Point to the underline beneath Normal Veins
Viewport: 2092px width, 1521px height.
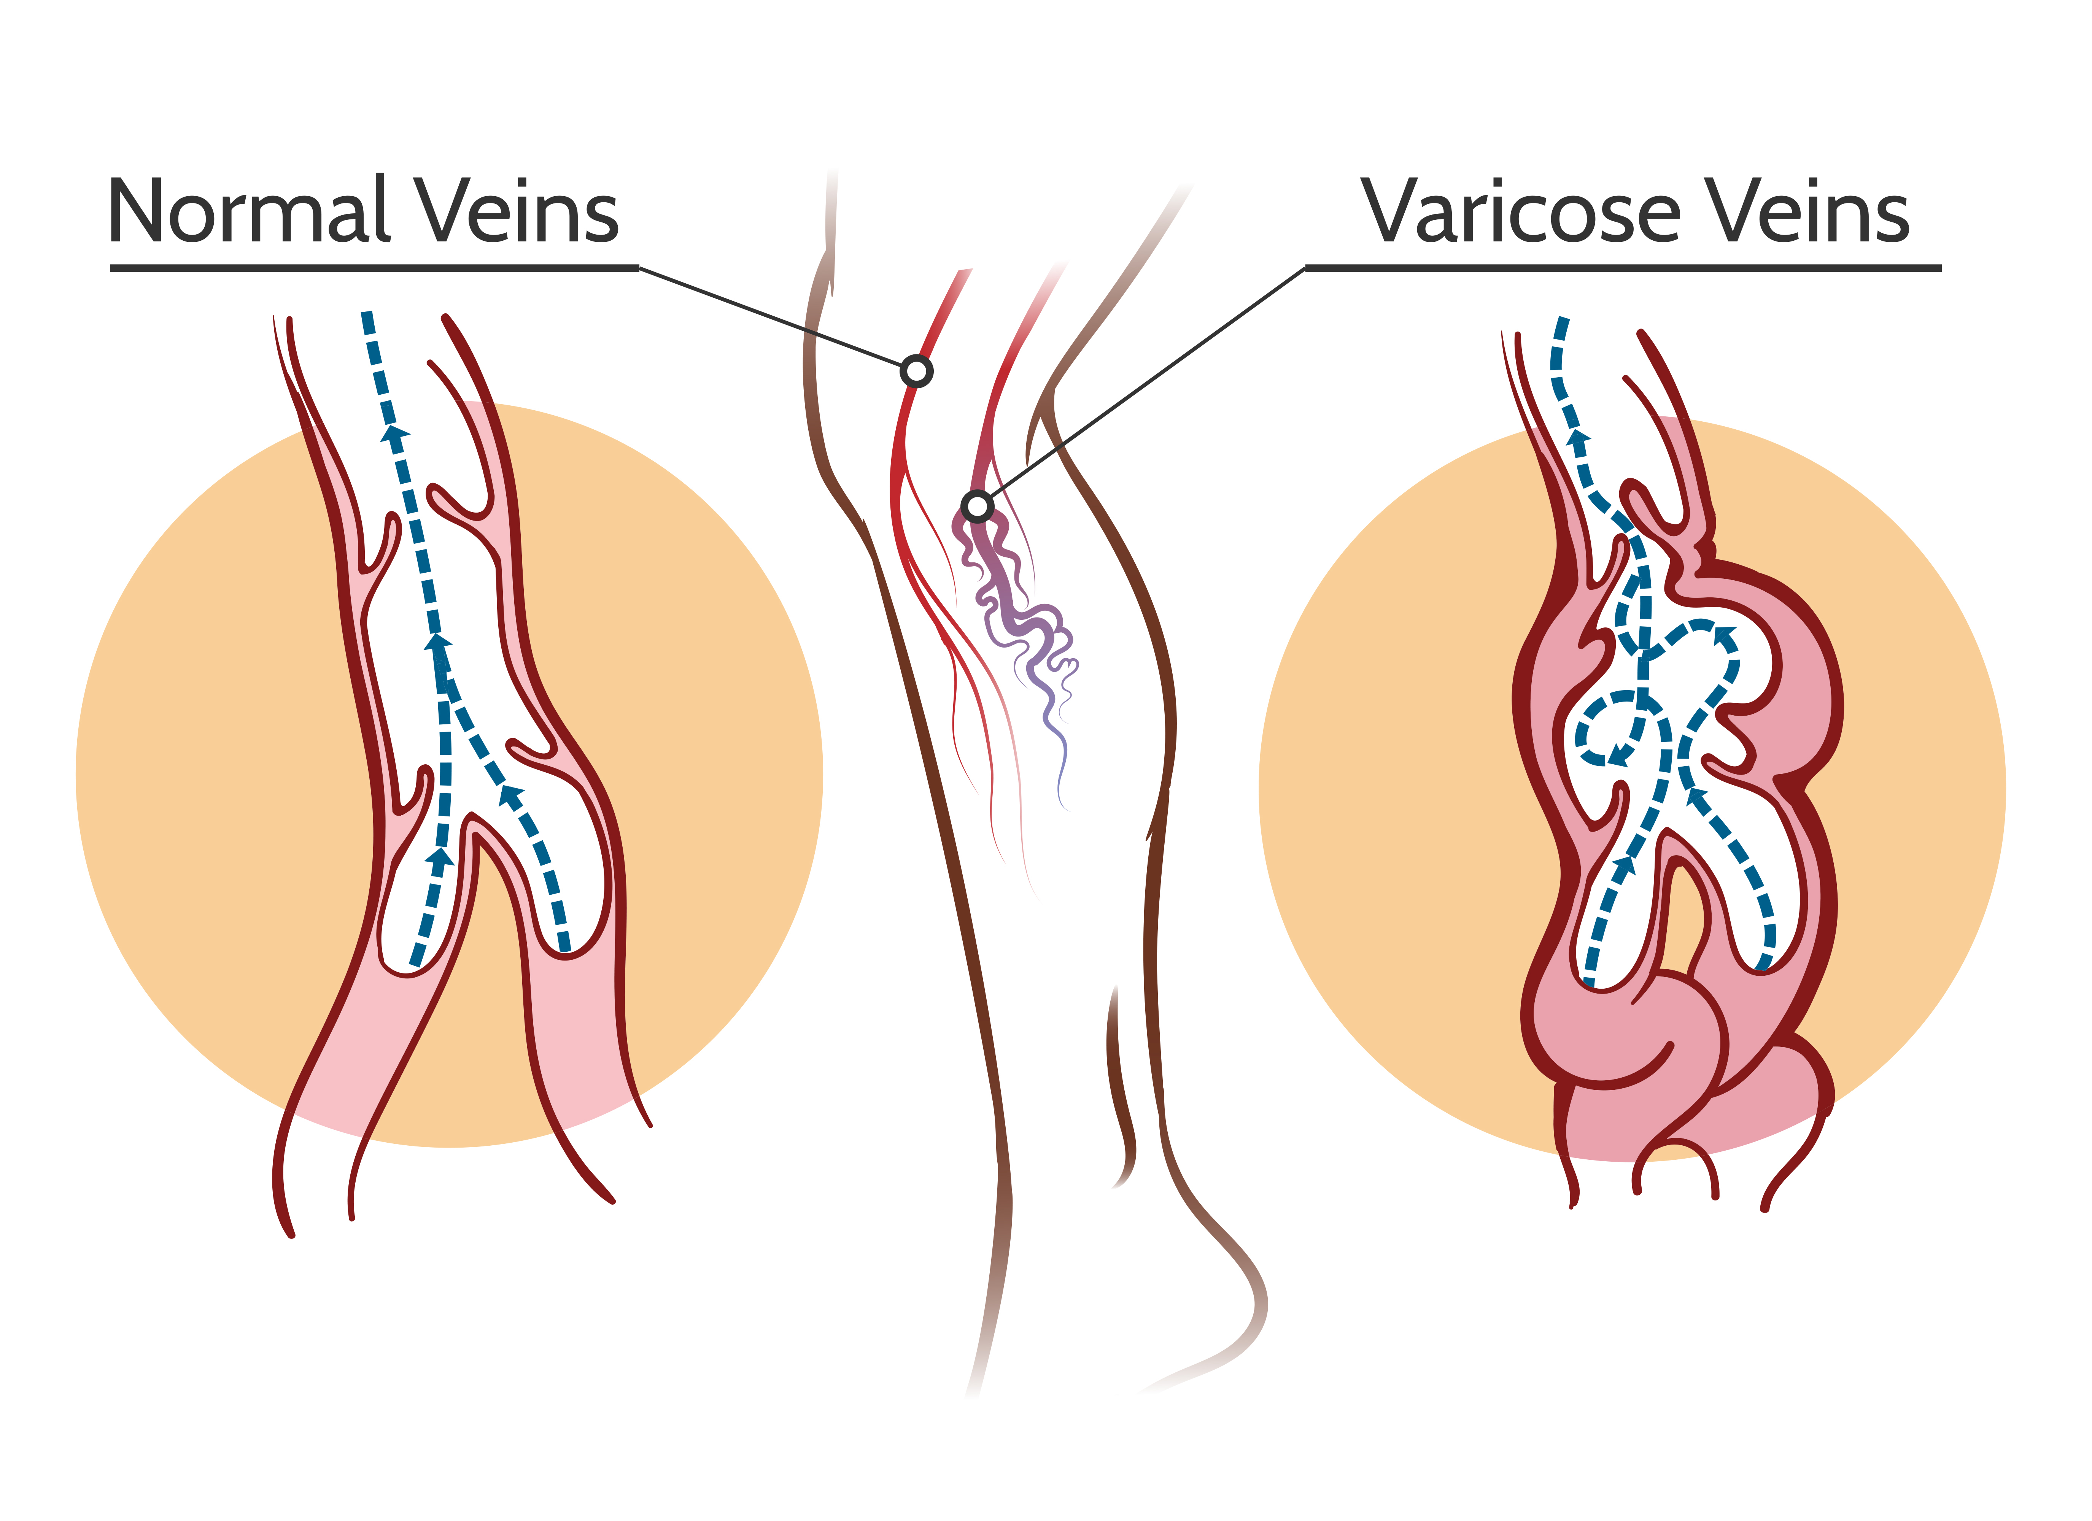coord(375,268)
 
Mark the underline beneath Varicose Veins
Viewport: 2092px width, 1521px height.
coord(1623,268)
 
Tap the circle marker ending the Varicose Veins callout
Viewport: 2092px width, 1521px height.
coord(977,506)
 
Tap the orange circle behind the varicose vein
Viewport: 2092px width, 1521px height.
coord(1633,789)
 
